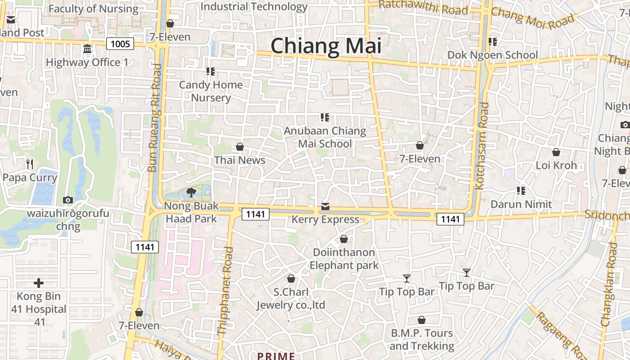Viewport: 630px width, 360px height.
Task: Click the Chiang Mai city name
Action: click(x=326, y=46)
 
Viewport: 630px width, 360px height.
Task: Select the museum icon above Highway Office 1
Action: click(x=87, y=49)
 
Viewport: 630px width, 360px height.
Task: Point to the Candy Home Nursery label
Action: click(x=211, y=91)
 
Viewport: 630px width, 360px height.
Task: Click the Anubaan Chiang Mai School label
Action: click(x=325, y=137)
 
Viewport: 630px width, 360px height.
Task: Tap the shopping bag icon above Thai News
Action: click(x=240, y=147)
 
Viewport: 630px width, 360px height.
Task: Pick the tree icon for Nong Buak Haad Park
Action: click(x=191, y=193)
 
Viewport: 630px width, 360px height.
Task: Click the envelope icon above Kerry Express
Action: click(x=325, y=207)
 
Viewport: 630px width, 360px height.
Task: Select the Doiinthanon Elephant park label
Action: click(x=344, y=259)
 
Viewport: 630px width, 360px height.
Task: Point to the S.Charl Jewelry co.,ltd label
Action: click(x=291, y=298)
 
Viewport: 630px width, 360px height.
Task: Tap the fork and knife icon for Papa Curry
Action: click(x=30, y=164)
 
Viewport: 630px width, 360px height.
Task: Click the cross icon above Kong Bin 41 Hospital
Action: click(x=39, y=283)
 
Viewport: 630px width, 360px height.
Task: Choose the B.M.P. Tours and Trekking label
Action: click(x=422, y=340)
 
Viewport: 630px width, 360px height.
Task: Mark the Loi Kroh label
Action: click(x=556, y=165)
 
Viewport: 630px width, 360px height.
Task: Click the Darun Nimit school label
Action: click(x=521, y=204)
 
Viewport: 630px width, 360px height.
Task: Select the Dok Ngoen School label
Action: click(x=492, y=55)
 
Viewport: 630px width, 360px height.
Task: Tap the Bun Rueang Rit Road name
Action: click(x=154, y=118)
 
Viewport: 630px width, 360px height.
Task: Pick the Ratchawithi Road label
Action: click(x=423, y=7)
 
